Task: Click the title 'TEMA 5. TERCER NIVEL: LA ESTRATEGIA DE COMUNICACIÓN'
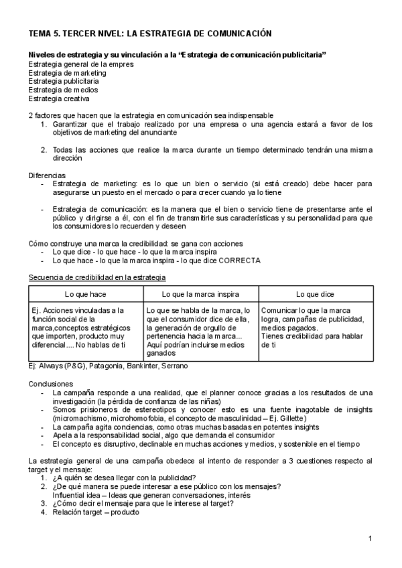(x=149, y=33)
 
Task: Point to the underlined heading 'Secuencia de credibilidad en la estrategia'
(x=97, y=277)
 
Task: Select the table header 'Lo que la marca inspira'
(x=201, y=294)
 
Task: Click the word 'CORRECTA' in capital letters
(x=239, y=260)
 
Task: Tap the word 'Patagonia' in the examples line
(x=104, y=366)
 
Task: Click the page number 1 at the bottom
(x=371, y=539)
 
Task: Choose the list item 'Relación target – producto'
(x=96, y=512)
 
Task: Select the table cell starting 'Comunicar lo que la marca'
(x=312, y=328)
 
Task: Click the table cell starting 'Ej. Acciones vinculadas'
(x=84, y=328)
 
